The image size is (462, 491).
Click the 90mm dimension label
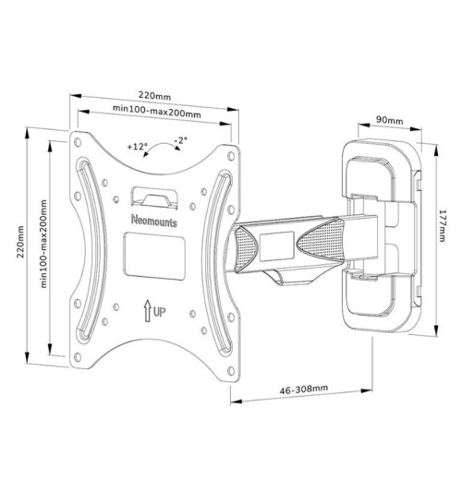pyautogui.click(x=390, y=120)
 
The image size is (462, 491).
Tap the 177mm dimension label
pyautogui.click(x=442, y=225)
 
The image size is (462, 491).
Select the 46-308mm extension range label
pyautogui.click(x=304, y=389)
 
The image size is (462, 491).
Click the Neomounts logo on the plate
pyautogui.click(x=154, y=221)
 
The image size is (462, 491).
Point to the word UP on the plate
pyautogui.click(x=159, y=312)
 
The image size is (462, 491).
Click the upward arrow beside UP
pyautogui.click(x=147, y=311)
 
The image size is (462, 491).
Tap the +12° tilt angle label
pyautogui.click(x=138, y=146)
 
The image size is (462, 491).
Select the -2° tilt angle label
pyautogui.click(x=181, y=140)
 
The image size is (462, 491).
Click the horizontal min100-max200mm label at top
pyautogui.click(x=157, y=111)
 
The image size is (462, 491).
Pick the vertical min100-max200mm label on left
pyautogui.click(x=43, y=244)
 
